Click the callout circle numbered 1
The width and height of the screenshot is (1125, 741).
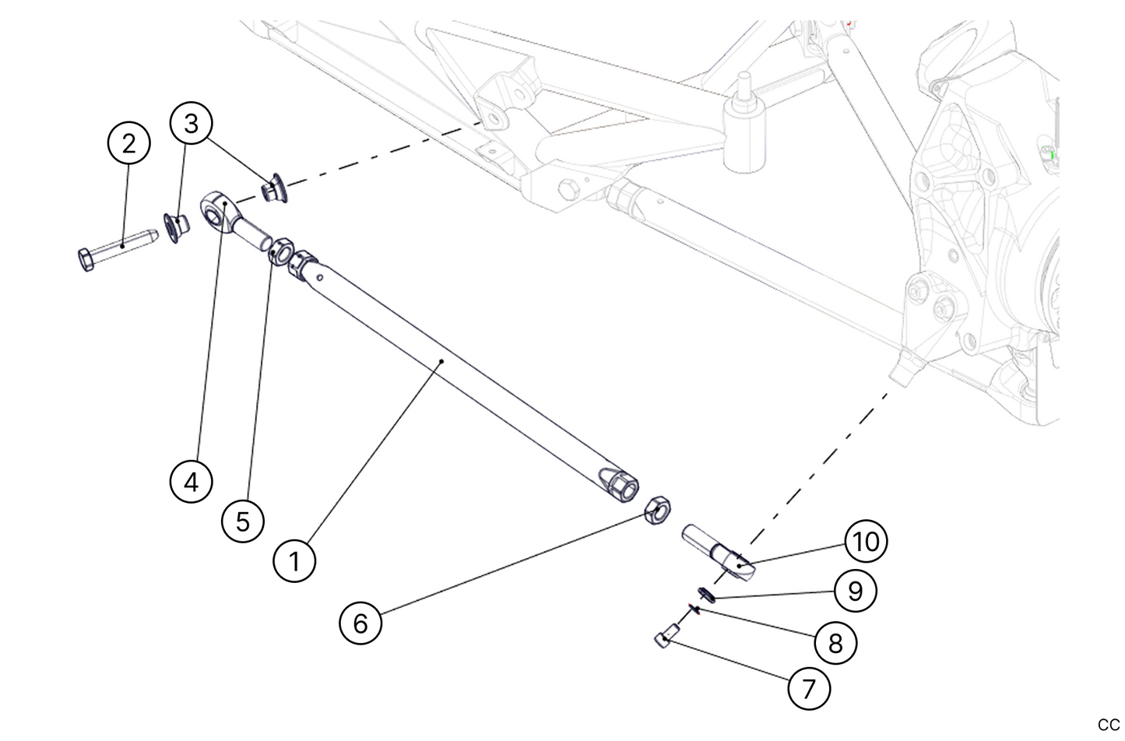(294, 560)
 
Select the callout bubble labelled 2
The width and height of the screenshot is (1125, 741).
(128, 143)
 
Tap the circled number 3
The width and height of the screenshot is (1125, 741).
(192, 123)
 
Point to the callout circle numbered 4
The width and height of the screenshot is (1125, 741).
(191, 482)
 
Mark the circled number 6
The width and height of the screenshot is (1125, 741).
(360, 623)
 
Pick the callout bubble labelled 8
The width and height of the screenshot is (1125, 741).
(835, 643)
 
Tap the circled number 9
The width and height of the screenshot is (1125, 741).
(855, 591)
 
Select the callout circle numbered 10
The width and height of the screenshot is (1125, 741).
(865, 540)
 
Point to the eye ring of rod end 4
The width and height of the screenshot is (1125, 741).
(216, 211)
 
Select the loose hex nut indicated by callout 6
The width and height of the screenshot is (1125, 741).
(657, 511)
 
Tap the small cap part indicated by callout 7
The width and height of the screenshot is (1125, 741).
(663, 640)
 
